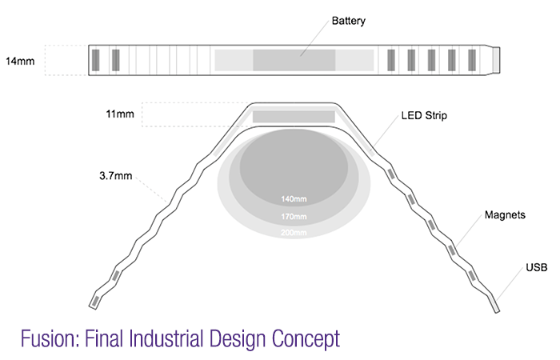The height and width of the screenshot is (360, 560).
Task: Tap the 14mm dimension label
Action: coord(20,60)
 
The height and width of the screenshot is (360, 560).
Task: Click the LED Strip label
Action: coord(423,116)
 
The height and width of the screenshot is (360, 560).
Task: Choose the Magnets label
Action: coord(506,216)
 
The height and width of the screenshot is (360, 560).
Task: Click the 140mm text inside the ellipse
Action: coord(294,198)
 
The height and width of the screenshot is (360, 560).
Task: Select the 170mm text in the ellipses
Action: coord(294,216)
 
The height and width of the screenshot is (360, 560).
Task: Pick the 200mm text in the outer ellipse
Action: coord(294,233)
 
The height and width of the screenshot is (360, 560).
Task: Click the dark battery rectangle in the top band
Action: coord(294,60)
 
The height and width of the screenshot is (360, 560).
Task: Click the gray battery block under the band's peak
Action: coord(294,117)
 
